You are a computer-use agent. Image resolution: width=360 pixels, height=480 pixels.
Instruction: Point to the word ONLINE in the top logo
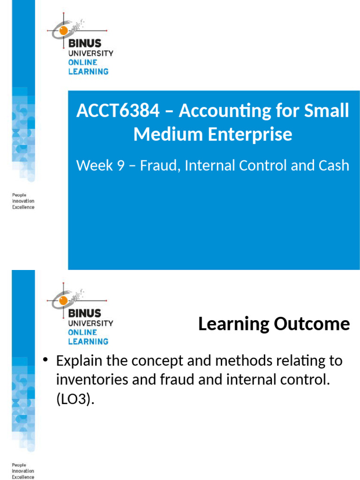tap(82, 62)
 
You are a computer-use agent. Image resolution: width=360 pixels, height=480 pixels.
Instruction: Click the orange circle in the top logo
tap(61, 31)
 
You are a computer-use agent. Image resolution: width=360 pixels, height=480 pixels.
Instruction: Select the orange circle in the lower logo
tap(61, 301)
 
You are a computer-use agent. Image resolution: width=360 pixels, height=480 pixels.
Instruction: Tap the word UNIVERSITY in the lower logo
tap(90, 323)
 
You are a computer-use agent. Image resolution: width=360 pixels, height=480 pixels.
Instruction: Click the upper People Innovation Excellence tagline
tap(23, 201)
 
